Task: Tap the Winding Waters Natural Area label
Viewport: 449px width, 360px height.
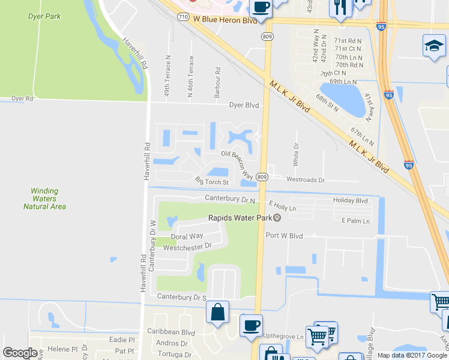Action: click(x=44, y=199)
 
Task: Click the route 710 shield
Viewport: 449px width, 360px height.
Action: click(x=183, y=18)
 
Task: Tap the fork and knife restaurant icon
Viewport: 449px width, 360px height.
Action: click(x=340, y=8)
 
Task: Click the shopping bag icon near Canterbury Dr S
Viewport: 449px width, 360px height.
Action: click(x=217, y=312)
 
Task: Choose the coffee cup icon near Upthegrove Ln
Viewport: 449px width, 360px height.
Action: click(x=250, y=325)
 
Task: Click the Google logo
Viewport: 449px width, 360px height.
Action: click(x=20, y=353)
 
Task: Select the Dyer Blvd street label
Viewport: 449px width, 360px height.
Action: click(x=244, y=105)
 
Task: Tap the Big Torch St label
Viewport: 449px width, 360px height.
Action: click(x=212, y=181)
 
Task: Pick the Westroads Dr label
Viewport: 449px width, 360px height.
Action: click(x=306, y=179)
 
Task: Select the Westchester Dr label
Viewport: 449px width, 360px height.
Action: click(x=187, y=246)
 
